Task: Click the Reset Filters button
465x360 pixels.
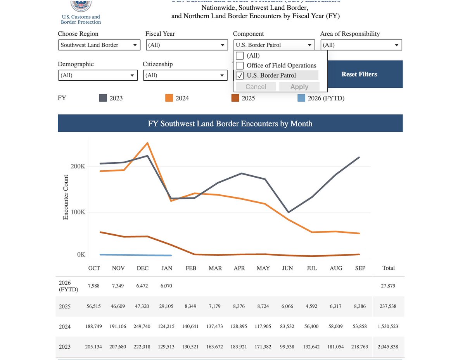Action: pyautogui.click(x=359, y=74)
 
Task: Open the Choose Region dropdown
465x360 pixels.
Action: pyautogui.click(x=99, y=45)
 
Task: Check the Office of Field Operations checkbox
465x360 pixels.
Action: pyautogui.click(x=240, y=66)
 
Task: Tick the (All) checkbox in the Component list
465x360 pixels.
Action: pyautogui.click(x=240, y=55)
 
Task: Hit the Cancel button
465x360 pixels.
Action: pyautogui.click(x=256, y=87)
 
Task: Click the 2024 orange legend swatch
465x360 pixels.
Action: pyautogui.click(x=169, y=98)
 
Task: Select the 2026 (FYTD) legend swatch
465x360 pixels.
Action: pyautogui.click(x=301, y=98)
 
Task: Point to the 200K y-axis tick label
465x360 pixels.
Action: pyautogui.click(x=78, y=166)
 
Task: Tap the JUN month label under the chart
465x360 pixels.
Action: pyautogui.click(x=287, y=268)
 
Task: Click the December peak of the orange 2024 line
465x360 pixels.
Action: pyautogui.click(x=147, y=143)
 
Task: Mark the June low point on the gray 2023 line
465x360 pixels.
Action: pyautogui.click(x=288, y=212)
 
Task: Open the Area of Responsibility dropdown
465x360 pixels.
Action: pyautogui.click(x=361, y=45)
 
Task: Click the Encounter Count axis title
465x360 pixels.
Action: pyautogui.click(x=66, y=197)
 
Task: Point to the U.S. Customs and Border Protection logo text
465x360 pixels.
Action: pyautogui.click(x=81, y=19)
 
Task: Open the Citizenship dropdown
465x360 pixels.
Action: pyautogui.click(x=185, y=75)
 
